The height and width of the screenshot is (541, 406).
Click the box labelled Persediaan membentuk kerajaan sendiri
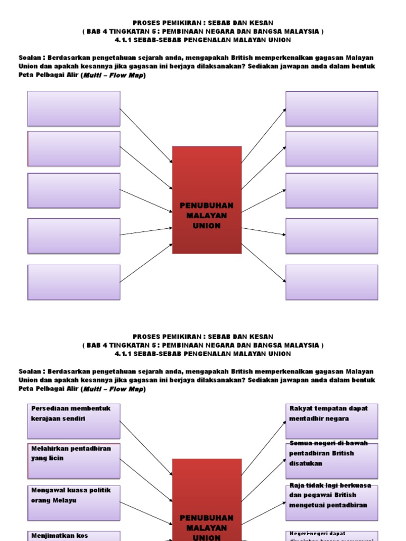[x=73, y=422]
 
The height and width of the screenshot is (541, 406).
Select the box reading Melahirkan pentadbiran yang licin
[x=73, y=461]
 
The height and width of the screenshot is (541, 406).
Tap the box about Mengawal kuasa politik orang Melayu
[x=73, y=502]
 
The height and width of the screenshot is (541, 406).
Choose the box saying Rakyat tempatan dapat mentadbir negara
[x=332, y=422]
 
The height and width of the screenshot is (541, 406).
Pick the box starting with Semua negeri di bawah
[x=332, y=461]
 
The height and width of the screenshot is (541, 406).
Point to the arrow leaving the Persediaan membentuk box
[x=146, y=447]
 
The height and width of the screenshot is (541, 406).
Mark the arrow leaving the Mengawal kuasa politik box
[x=146, y=509]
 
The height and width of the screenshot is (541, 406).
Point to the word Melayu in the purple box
[x=64, y=500]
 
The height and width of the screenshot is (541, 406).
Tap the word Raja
[x=297, y=485]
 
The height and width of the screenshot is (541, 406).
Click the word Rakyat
[x=300, y=408]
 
